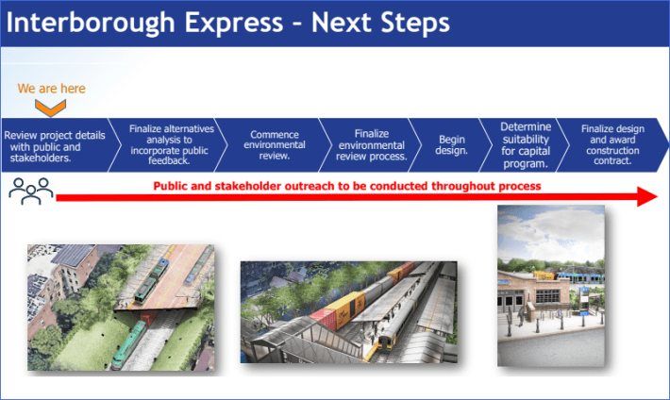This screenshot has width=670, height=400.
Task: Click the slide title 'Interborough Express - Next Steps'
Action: point(226,22)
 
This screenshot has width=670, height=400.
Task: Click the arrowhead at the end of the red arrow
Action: point(646,196)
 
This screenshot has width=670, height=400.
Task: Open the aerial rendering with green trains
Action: point(120,307)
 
